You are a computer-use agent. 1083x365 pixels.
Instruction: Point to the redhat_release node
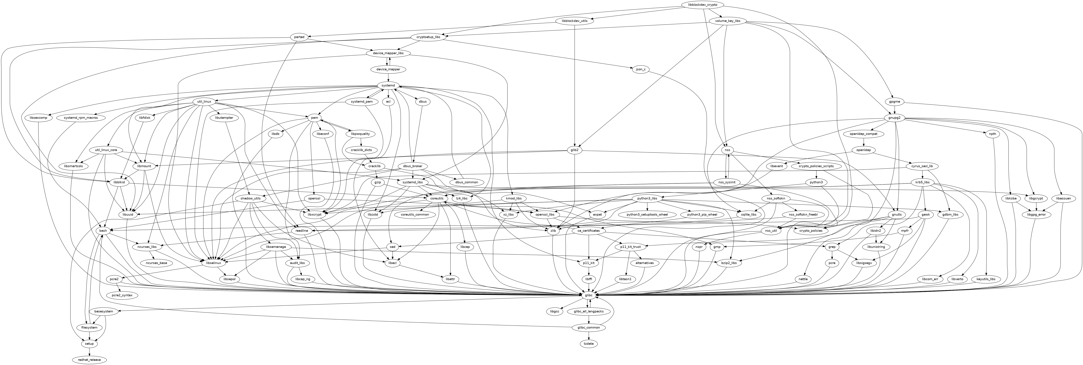tap(89, 360)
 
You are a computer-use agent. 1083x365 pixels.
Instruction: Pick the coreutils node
tap(436, 198)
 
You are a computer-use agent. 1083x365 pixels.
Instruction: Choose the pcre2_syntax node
tap(122, 296)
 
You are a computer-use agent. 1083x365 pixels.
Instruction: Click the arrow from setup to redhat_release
tap(89, 352)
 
